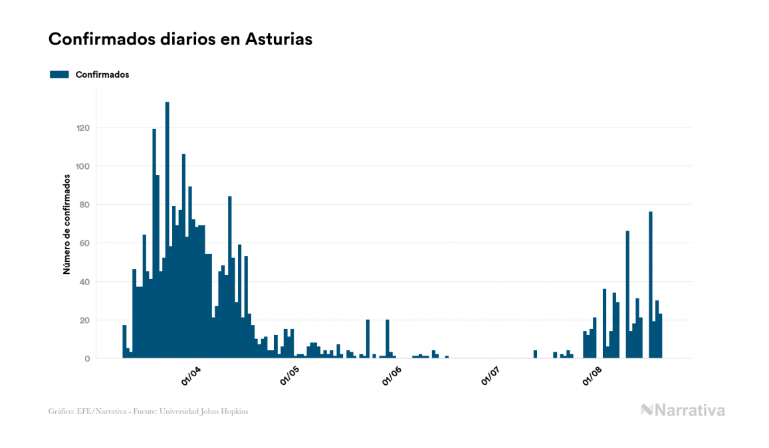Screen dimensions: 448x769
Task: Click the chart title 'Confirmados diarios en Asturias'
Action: tap(180, 39)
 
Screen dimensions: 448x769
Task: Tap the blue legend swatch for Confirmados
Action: tap(59, 74)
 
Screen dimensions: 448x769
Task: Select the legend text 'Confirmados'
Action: tap(102, 74)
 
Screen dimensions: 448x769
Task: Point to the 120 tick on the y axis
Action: tap(82, 128)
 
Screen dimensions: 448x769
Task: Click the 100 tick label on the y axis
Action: tap(82, 166)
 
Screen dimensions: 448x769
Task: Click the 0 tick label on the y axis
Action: tap(86, 359)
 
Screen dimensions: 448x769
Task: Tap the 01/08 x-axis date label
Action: tap(593, 376)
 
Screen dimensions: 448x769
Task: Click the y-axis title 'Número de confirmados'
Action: tap(66, 224)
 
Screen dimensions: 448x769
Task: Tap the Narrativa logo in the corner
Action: tap(683, 410)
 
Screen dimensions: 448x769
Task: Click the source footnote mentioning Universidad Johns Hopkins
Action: tap(148, 411)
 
